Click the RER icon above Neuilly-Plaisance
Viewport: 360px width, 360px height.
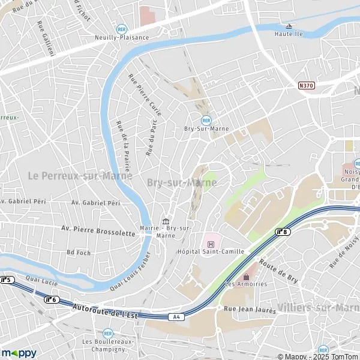(x=122, y=28)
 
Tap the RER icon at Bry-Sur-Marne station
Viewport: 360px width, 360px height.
(x=206, y=120)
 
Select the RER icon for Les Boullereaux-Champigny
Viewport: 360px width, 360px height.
(x=107, y=333)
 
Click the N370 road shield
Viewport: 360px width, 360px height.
(x=306, y=86)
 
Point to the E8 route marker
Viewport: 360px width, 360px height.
(x=282, y=231)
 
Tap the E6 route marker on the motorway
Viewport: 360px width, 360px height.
(x=52, y=299)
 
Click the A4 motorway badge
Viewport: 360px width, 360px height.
(x=174, y=317)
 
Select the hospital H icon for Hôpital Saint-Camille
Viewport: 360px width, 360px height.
(x=211, y=243)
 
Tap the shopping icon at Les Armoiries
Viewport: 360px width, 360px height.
(x=245, y=276)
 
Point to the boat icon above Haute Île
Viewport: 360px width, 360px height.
(x=289, y=26)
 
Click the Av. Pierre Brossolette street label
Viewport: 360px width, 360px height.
(x=98, y=230)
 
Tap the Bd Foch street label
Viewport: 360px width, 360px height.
(x=79, y=253)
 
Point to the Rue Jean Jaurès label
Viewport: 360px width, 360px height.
(x=250, y=310)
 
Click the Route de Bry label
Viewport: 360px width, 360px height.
(x=278, y=273)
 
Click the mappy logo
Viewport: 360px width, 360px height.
(x=18, y=353)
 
